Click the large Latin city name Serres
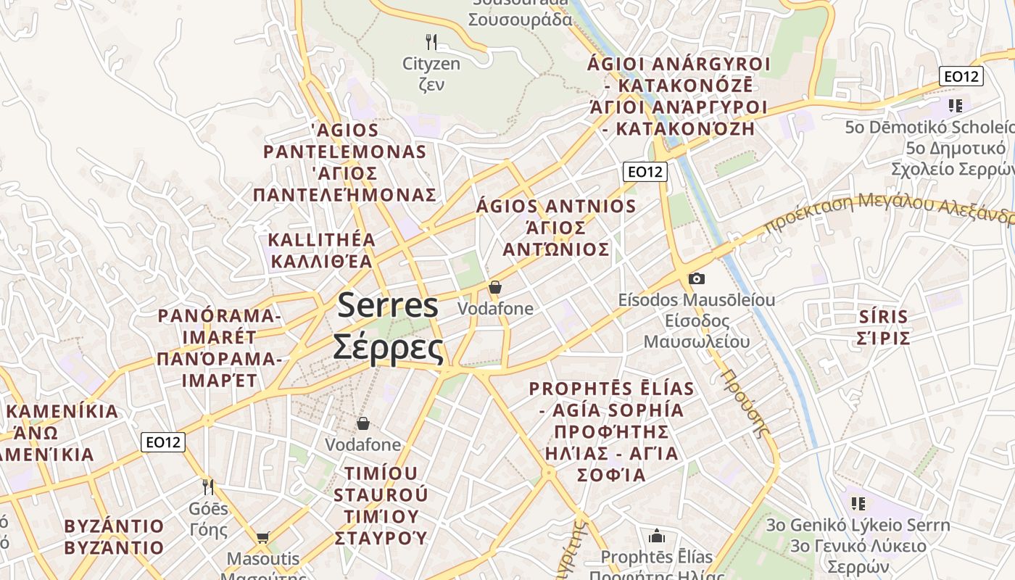(388, 306)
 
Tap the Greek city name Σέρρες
(388, 347)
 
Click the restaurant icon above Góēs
(208, 486)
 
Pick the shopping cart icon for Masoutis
(262, 537)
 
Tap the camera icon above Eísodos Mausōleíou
(696, 278)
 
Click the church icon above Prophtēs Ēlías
(657, 536)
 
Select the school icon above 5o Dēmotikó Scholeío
(955, 106)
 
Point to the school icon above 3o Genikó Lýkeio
(858, 503)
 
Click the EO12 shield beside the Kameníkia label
(163, 442)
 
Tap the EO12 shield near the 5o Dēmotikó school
(961, 76)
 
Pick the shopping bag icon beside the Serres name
(495, 287)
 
